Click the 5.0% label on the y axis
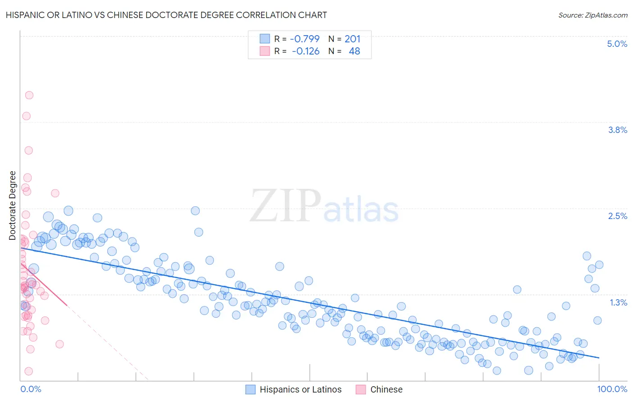[x=617, y=44]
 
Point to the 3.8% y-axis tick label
[x=617, y=130]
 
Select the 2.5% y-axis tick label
[x=617, y=216]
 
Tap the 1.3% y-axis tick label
[x=618, y=302]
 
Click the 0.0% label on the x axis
[x=31, y=389]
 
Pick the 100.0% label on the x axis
[x=612, y=389]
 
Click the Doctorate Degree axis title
[x=13, y=206]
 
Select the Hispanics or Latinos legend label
[x=300, y=389]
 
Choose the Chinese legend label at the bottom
[x=386, y=389]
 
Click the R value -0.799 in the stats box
[x=305, y=39]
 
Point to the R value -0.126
[x=306, y=51]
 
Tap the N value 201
[x=353, y=39]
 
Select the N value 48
[x=354, y=51]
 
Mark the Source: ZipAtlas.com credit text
[x=592, y=15]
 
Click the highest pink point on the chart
[x=29, y=95]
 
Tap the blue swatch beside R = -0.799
[x=265, y=39]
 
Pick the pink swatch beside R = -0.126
[x=265, y=51]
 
